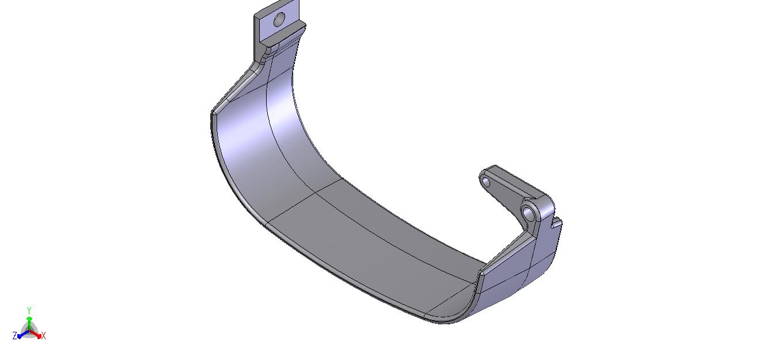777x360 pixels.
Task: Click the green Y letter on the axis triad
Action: coord(29,310)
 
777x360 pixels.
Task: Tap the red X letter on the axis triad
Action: coord(43,336)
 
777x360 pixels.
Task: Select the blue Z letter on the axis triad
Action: coord(14,335)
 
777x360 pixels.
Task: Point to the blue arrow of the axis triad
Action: coord(24,335)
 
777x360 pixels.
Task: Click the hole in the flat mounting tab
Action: coord(279,20)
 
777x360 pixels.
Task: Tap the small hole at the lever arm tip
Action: coord(486,183)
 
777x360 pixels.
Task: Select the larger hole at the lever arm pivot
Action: coord(528,213)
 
